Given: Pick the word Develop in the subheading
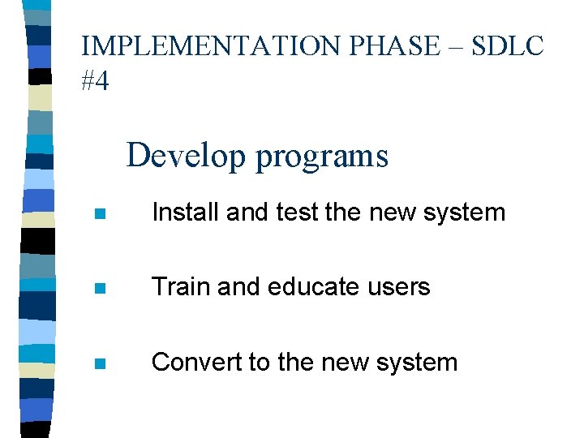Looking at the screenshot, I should [186, 156].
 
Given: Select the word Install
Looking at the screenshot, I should [185, 213].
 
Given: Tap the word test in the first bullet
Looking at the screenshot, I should [297, 213].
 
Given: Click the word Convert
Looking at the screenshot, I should [195, 362].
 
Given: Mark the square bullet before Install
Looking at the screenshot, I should [99, 215].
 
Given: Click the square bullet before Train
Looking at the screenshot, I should [99, 290].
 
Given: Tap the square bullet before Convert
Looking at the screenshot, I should [99, 364].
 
